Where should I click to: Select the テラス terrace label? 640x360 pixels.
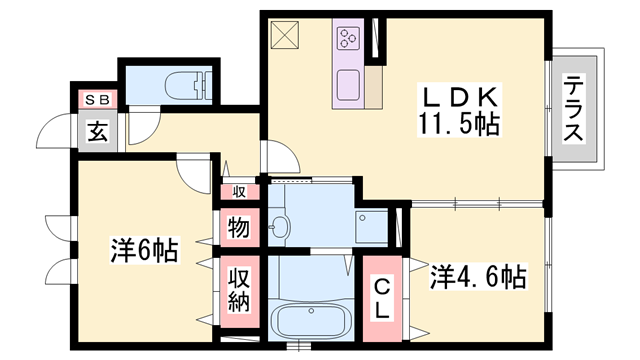click(x=574, y=109)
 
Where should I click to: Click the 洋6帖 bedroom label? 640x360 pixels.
click(x=143, y=250)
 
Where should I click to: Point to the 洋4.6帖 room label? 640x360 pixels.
click(x=478, y=276)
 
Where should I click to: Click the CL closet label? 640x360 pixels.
click(x=381, y=298)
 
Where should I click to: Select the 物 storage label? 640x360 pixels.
click(x=238, y=227)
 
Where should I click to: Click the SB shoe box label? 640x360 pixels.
click(x=96, y=99)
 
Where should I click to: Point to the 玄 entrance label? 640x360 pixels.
click(x=97, y=130)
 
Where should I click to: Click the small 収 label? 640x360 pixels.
click(x=240, y=191)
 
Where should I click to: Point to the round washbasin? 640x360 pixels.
click(x=279, y=227)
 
